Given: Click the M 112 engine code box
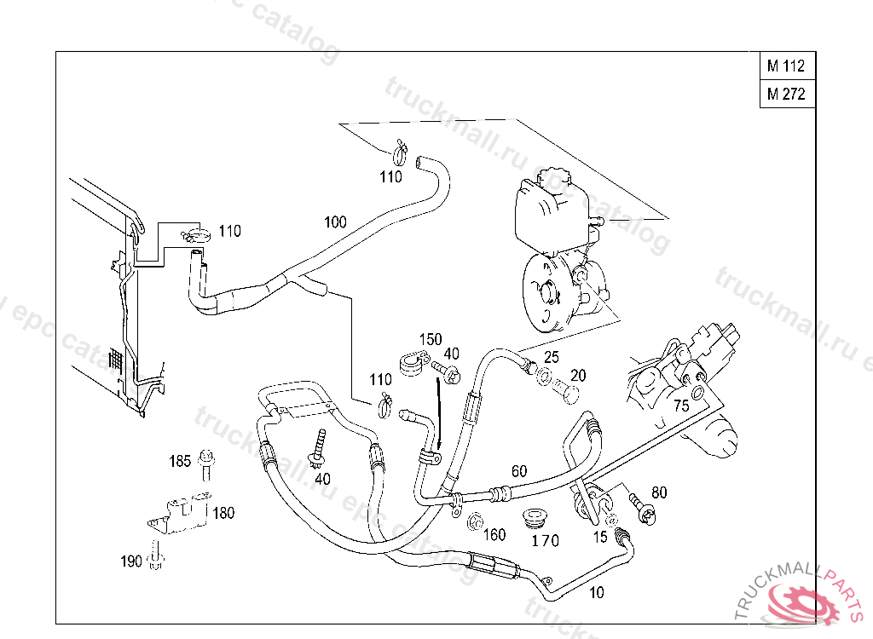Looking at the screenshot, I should [785, 66].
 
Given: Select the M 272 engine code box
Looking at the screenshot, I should [785, 95].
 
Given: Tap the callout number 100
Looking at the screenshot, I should [335, 222].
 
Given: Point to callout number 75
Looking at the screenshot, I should [681, 406].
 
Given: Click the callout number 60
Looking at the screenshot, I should [519, 470].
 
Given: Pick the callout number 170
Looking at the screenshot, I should [546, 540].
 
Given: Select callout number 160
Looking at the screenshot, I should [494, 535].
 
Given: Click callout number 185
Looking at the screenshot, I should [180, 461].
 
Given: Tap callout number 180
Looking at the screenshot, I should [223, 513].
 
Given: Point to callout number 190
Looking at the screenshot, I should [130, 561].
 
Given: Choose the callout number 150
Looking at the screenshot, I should [431, 339].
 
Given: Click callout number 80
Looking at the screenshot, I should [659, 492].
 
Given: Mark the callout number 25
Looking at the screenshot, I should [552, 356].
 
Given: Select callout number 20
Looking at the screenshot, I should [578, 375].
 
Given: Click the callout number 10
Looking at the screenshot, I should [597, 592].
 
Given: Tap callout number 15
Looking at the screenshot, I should [600, 537].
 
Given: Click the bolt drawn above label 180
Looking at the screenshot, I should [205, 465].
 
